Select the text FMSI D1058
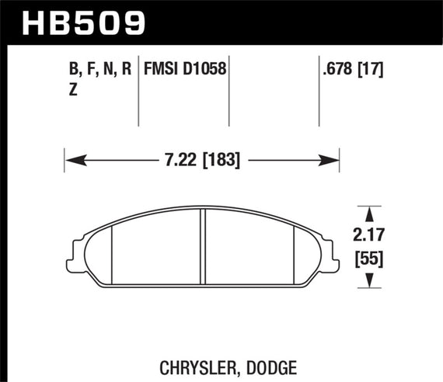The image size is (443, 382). pyautogui.click(x=185, y=69)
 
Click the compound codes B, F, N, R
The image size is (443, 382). pyautogui.click(x=99, y=69)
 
